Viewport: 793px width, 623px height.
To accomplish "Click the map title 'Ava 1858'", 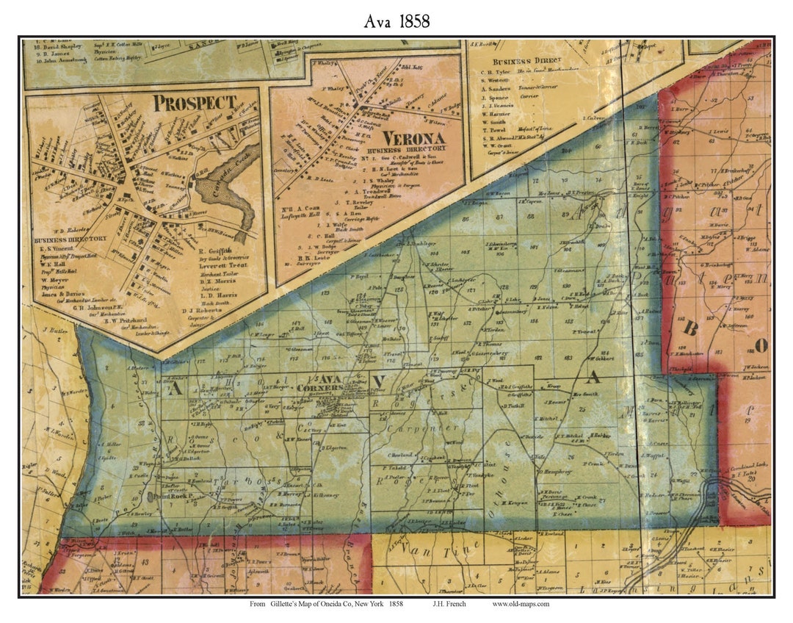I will point(396,21).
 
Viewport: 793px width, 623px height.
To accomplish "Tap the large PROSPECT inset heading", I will point(195,103).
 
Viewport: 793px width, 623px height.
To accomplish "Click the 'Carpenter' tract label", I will point(416,429).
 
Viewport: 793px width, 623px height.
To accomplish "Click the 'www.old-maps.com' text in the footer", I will point(521,605).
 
